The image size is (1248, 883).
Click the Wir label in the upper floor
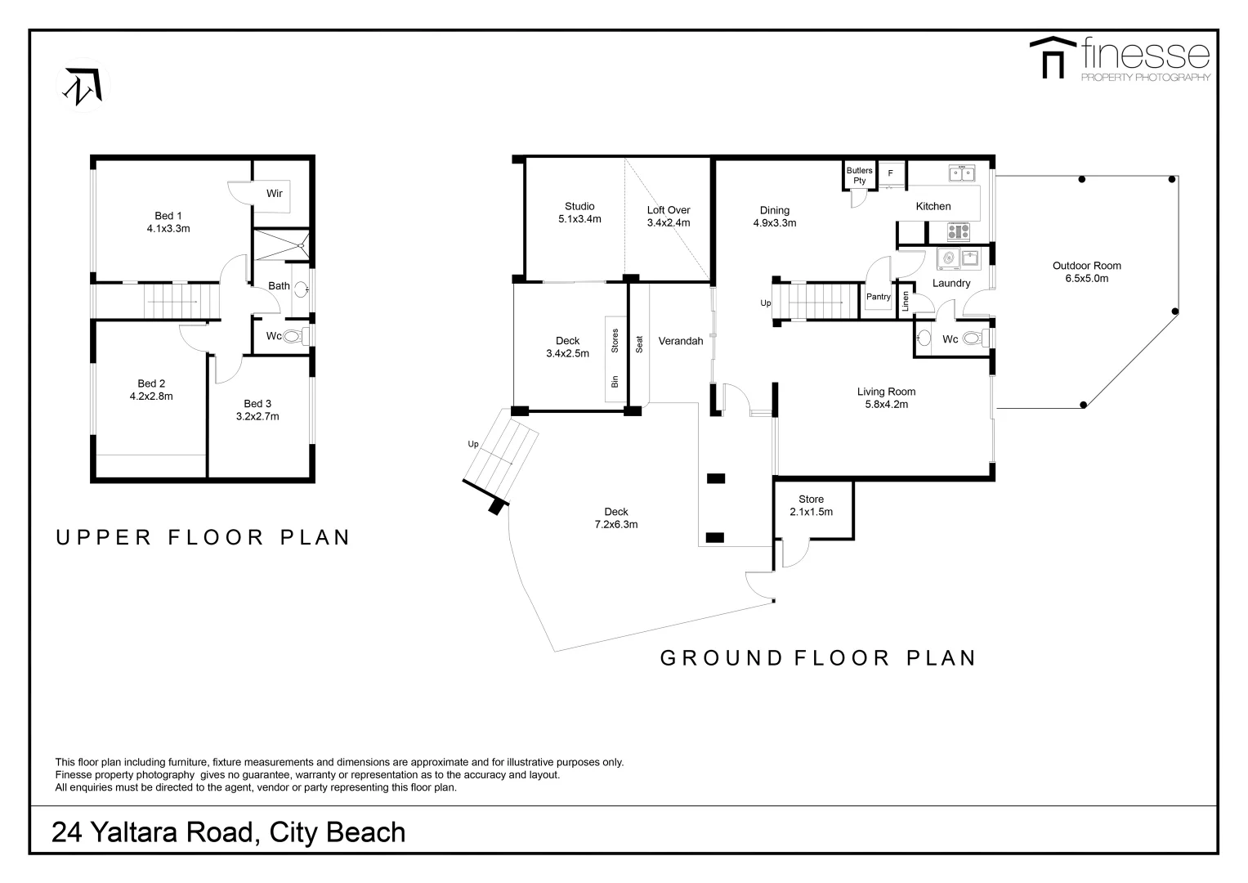(275, 194)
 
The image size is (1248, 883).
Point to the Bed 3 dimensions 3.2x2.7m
(257, 416)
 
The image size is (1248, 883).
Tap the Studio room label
(579, 207)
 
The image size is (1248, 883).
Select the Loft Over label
(669, 210)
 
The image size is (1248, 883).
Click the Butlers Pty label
(859, 176)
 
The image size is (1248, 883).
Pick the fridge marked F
(891, 173)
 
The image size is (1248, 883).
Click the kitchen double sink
(962, 173)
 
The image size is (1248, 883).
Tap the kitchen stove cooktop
(959, 232)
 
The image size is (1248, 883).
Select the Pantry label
(879, 297)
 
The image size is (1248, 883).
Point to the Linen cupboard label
(905, 301)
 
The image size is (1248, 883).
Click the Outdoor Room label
(1086, 266)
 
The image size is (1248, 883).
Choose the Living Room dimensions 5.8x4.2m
(886, 404)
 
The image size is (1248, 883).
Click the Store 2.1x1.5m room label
(811, 500)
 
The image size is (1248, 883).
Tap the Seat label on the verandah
(640, 344)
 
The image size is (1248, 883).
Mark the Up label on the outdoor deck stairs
(473, 445)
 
